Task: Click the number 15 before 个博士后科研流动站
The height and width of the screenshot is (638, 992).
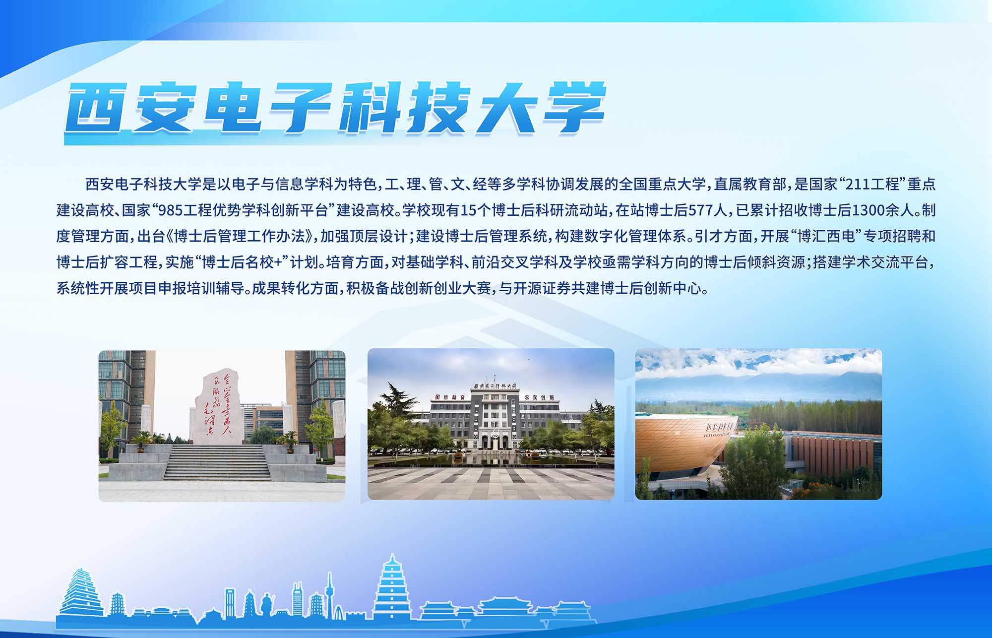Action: coord(467,210)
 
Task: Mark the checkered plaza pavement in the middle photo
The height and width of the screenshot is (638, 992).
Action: coord(491,482)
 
